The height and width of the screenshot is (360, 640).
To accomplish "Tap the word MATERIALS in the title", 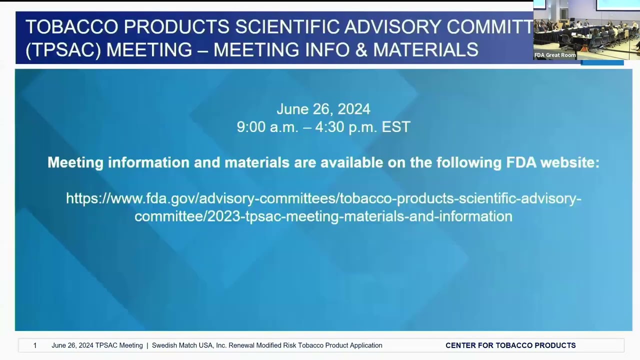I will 425,50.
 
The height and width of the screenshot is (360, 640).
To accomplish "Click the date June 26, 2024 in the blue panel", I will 323,109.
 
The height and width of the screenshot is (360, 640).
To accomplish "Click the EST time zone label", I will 396,127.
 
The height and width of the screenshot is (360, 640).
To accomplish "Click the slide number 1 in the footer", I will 35,345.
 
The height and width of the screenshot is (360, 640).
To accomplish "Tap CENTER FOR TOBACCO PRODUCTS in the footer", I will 510,345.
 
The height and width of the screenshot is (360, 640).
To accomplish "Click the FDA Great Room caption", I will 555,55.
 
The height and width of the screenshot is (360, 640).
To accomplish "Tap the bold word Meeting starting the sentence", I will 75,162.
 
